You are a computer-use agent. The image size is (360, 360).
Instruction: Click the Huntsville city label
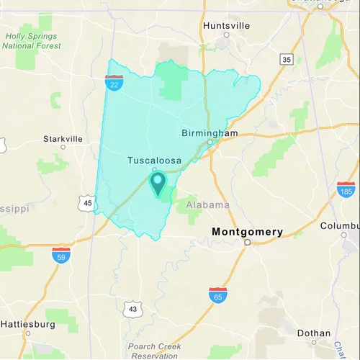coord(226,25)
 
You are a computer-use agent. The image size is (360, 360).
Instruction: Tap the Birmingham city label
coord(210,133)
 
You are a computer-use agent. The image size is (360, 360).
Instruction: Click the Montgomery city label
coord(247,232)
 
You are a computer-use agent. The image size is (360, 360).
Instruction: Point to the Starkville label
coord(63,138)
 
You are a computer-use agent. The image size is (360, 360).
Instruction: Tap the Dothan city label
coord(313,333)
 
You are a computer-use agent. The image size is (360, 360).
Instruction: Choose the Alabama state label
coord(208,204)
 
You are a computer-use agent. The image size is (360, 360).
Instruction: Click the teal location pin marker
coord(158,183)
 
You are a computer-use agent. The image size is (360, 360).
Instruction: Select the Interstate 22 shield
coord(113,84)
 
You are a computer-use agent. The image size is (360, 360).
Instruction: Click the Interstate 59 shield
coord(61,255)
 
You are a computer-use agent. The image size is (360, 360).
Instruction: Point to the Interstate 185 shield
coord(346,189)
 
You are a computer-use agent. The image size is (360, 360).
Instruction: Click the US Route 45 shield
coord(87,204)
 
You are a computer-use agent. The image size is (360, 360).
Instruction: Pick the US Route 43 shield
coord(132,309)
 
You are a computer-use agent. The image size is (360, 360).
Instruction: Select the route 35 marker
coord(287,59)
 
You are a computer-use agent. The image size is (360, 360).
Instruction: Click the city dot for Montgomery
coord(247,243)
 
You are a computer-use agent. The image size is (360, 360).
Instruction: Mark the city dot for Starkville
coord(63,147)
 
